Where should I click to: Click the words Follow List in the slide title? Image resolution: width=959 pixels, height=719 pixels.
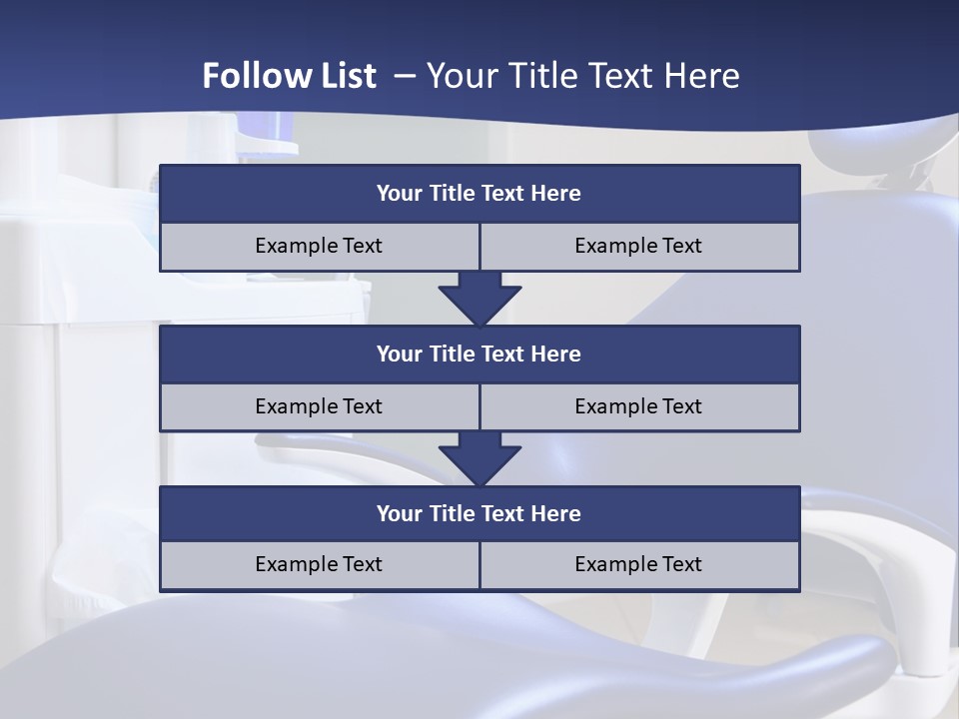coord(289,76)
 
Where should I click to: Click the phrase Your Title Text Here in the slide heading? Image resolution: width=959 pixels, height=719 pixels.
coord(582,76)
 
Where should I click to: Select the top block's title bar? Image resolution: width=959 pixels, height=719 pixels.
coord(479,194)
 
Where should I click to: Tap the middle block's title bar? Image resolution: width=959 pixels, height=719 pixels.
coord(479,355)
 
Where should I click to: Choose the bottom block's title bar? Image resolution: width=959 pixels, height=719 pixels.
coord(479,514)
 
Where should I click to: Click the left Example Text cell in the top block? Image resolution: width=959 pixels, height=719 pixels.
coord(319,247)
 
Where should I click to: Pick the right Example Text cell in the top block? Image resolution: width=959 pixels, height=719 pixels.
coord(639,247)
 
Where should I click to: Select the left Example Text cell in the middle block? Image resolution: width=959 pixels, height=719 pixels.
coord(319,407)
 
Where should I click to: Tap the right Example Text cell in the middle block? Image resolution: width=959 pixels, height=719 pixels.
coord(639,407)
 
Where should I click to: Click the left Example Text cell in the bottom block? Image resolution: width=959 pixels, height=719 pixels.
coord(319,565)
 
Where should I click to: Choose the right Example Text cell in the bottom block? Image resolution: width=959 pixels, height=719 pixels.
coord(639,565)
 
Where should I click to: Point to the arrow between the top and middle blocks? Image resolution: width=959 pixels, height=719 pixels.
coord(479,299)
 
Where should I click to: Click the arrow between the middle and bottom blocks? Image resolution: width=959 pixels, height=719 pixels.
coord(479,459)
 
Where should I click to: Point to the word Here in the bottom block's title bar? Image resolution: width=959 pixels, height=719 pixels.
coord(556,514)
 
